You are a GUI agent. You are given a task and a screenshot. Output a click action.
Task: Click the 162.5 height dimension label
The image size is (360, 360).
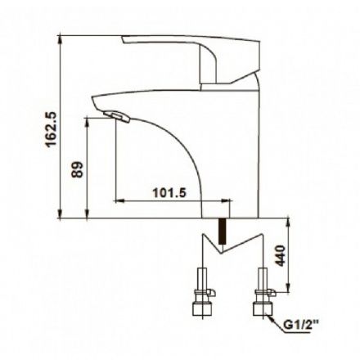(x=51, y=129)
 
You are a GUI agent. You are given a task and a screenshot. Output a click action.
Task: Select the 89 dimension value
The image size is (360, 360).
(x=77, y=169)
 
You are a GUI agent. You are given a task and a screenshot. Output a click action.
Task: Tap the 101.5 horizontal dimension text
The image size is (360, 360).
(x=169, y=193)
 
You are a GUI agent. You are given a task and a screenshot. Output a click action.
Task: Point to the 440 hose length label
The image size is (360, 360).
(x=280, y=255)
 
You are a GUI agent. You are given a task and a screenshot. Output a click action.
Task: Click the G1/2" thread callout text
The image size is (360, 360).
(x=301, y=325)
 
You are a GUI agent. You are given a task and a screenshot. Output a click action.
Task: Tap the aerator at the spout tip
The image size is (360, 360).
(x=116, y=116)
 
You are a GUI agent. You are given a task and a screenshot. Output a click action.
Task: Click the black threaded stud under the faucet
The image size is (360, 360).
(x=223, y=232)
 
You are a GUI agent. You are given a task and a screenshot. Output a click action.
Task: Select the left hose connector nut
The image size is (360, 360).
(x=202, y=308)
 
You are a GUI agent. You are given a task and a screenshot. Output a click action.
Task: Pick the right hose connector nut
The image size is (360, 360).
(x=263, y=308)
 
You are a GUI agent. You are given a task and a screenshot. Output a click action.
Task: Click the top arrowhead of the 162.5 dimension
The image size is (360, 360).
(x=61, y=39)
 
